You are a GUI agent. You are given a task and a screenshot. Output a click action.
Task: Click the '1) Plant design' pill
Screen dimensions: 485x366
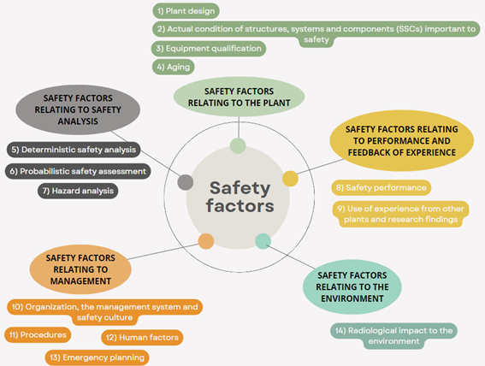186,11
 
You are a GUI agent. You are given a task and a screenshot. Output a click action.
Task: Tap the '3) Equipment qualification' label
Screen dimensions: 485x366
209,49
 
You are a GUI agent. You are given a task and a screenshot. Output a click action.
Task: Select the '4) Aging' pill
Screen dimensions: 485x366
173,67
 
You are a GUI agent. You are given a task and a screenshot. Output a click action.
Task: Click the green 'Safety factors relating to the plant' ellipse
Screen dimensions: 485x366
240,97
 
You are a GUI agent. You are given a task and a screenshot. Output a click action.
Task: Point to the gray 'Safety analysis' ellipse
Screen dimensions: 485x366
78,109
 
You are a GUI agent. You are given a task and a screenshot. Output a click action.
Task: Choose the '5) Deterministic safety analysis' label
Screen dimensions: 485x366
74,150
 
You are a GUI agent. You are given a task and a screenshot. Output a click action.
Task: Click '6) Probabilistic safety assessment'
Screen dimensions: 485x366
78,171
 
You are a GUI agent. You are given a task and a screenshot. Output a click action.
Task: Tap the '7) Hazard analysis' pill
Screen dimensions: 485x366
78,191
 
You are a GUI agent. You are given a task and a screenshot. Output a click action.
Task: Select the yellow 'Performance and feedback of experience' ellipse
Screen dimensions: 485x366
402,140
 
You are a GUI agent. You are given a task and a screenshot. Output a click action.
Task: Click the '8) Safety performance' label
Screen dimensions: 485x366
381,187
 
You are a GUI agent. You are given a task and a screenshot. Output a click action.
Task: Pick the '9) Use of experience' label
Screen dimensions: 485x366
401,214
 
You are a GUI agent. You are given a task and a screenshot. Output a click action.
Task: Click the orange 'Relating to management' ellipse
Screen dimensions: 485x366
80,269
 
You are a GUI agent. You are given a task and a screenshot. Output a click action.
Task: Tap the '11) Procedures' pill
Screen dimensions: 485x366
38,334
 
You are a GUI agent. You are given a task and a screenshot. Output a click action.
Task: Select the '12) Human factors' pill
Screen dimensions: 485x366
142,337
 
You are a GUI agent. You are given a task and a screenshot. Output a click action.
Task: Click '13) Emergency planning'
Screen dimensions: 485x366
98,357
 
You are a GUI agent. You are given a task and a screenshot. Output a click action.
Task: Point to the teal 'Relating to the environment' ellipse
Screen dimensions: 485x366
352,286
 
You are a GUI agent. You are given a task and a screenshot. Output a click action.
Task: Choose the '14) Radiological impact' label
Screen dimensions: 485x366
393,336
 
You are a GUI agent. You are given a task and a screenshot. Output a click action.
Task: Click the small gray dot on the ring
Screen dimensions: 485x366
186,182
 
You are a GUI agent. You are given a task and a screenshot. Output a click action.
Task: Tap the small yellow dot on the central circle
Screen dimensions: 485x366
290,179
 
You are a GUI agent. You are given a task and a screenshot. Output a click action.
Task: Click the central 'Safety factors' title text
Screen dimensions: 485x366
240,197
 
